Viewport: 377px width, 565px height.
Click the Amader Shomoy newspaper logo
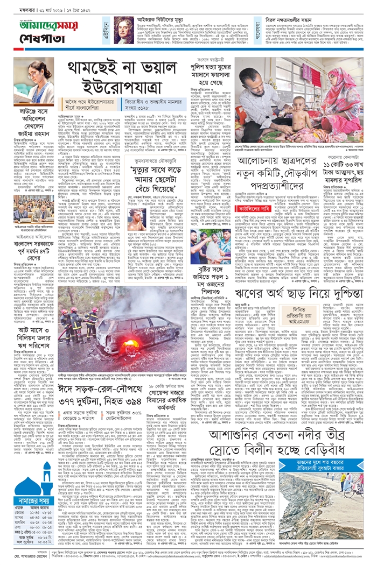pyautogui.click(x=38, y=24)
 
